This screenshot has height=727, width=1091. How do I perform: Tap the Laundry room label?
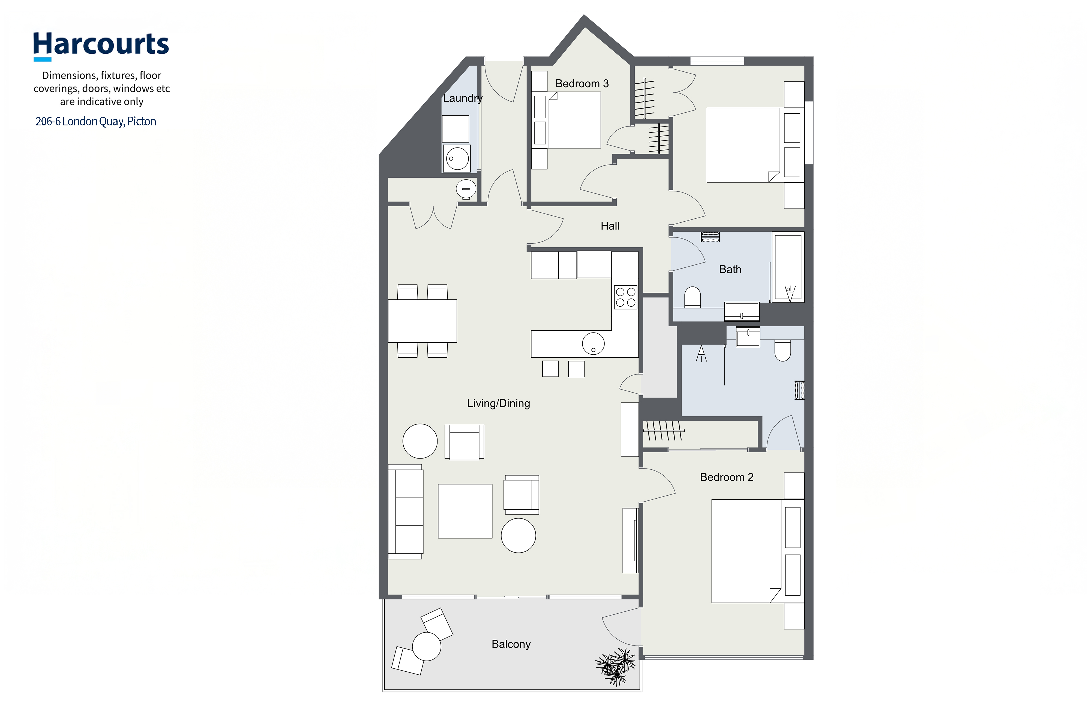coord(463,98)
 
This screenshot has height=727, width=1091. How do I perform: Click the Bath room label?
coord(730,269)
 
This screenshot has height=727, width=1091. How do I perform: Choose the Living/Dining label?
coord(498,403)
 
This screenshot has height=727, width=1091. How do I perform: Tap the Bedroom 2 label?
coord(726,477)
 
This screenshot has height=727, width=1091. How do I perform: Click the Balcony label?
coord(511,644)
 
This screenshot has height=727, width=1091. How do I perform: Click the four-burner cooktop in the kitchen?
coord(625,297)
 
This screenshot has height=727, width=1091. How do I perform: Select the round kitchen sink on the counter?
coord(593,343)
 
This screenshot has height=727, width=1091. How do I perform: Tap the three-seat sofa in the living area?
coord(405,511)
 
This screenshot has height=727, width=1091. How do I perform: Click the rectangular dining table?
coord(422,321)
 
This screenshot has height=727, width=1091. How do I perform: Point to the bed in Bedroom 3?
coord(574,120)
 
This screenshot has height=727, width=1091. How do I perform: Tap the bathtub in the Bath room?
coord(788,267)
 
